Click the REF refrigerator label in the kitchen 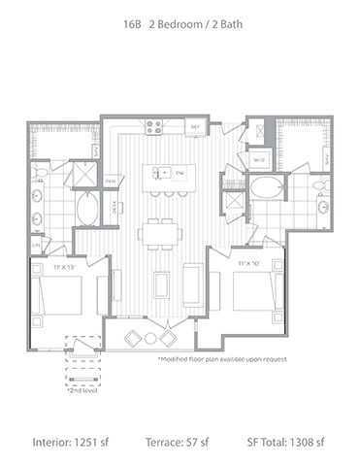click(x=194, y=127)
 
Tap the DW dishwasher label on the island click(x=180, y=173)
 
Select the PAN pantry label click(x=111, y=181)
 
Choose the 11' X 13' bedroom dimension click(x=64, y=263)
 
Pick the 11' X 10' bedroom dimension click(x=253, y=263)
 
